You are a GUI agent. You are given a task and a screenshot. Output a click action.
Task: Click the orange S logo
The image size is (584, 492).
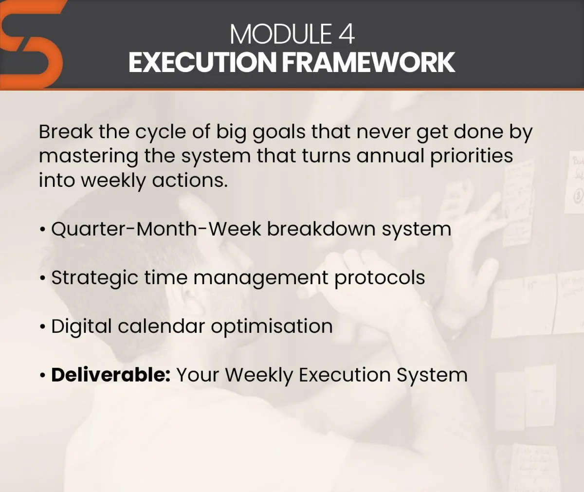click(x=31, y=45)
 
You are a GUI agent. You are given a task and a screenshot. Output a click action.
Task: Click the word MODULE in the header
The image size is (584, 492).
click(x=281, y=34)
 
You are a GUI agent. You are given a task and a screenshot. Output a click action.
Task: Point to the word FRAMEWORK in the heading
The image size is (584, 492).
click(x=368, y=62)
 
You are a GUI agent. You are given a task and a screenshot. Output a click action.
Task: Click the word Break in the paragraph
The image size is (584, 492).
click(x=66, y=131)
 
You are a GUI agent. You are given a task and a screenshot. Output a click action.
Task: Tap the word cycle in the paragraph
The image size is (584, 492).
click(x=161, y=133)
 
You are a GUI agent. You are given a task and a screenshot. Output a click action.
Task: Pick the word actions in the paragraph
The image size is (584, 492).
click(x=190, y=181)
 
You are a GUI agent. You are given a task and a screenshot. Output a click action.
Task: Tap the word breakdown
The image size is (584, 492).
click(x=321, y=229)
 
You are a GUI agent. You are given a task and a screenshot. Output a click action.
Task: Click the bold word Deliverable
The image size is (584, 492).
click(x=111, y=375)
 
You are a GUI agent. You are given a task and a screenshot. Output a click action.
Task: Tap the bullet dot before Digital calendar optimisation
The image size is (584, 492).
click(x=42, y=327)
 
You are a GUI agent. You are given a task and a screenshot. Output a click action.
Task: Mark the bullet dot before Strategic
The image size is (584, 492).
click(x=42, y=278)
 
